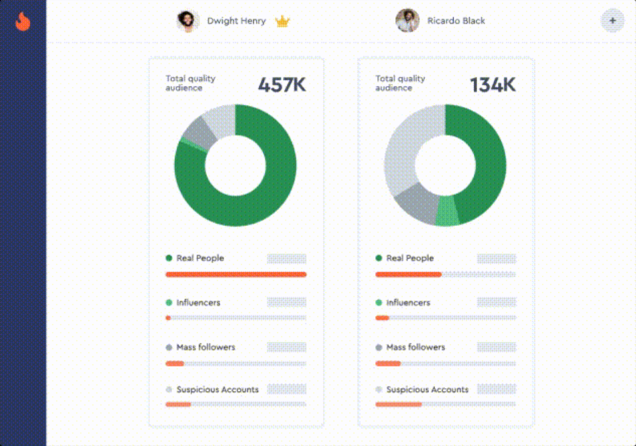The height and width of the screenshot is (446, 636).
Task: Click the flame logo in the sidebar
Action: tap(23, 21)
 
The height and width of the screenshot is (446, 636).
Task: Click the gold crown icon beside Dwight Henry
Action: tap(282, 22)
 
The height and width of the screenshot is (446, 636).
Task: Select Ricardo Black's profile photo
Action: tap(407, 21)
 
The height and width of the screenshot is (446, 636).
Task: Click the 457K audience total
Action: tap(282, 85)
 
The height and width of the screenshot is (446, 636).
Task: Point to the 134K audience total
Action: tap(493, 85)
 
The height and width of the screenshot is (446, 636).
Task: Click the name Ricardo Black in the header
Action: tap(456, 21)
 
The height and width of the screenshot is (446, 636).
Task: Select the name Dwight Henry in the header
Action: tap(236, 21)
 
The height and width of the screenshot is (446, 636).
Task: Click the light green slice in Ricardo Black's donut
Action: tap(447, 211)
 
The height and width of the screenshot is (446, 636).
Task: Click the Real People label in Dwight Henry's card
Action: tap(200, 259)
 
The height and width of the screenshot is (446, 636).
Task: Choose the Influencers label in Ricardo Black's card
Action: tap(408, 303)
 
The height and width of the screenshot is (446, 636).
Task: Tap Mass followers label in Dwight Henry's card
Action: tap(205, 347)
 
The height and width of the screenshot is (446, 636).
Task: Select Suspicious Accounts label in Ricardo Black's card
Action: tap(427, 390)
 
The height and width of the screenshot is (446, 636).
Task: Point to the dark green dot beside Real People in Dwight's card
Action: tap(169, 259)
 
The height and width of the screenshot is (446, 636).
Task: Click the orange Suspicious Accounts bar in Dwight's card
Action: tap(178, 405)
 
